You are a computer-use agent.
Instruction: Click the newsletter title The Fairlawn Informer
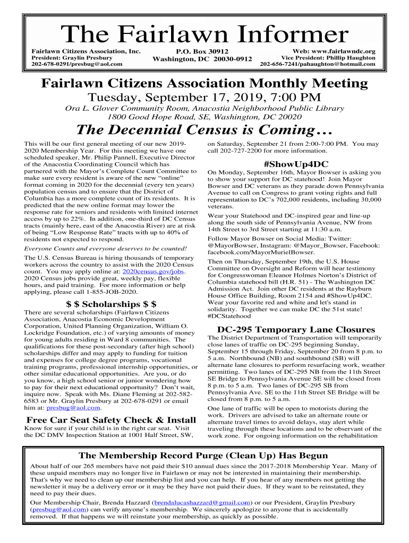204,35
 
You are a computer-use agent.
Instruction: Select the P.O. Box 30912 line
202,51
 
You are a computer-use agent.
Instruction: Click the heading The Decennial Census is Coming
204,130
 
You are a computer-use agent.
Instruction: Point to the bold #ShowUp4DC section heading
295,164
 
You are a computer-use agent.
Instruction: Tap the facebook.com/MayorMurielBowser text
261,252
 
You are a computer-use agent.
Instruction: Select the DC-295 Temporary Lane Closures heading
295,329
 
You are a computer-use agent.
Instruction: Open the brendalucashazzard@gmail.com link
202,502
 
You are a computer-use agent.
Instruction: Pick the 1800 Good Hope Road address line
204,116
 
